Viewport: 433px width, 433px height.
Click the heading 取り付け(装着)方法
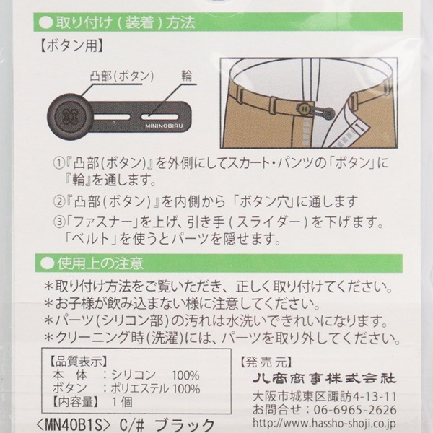[126, 22]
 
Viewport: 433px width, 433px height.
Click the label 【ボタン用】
[71, 46]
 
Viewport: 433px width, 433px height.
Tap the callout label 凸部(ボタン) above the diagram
[122, 76]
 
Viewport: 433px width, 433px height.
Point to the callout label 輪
[187, 75]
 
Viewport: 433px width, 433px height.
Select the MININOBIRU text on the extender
[164, 126]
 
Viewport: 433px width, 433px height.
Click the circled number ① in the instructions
[58, 163]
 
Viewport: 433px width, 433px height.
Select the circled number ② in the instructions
[58, 201]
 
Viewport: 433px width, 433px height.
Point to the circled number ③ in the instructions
[58, 222]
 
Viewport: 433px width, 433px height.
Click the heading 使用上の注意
[100, 263]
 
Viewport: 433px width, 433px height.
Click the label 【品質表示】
[78, 361]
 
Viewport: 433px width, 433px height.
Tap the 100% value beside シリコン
[185, 375]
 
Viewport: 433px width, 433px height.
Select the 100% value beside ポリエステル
[186, 389]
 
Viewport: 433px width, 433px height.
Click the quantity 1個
[122, 402]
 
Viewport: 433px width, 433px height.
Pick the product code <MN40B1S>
[73, 425]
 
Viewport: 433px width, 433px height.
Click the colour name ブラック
[185, 425]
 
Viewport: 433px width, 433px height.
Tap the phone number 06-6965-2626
[355, 410]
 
